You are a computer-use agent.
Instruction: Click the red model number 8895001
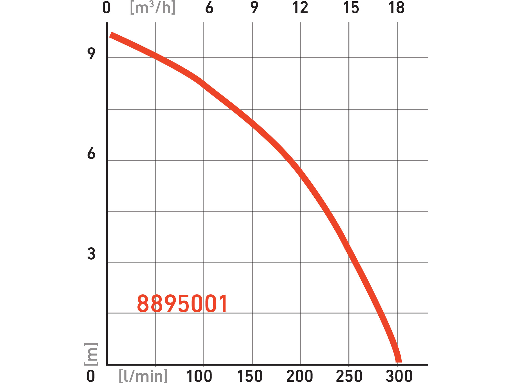point(182,304)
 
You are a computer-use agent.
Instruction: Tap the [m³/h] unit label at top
point(153,8)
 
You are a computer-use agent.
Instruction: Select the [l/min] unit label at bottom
point(143,376)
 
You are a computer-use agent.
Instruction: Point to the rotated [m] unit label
point(91,354)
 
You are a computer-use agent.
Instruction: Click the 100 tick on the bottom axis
point(199,376)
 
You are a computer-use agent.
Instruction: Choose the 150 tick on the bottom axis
point(250,376)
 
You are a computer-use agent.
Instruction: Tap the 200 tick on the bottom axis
point(300,376)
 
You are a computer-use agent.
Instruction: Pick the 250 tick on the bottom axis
point(349,376)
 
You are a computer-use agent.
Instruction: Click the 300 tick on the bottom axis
point(399,376)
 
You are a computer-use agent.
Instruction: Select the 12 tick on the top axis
point(300,8)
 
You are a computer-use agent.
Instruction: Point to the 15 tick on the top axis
point(351,8)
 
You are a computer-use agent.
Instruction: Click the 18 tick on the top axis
point(397,8)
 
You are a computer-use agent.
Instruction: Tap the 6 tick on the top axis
point(209,8)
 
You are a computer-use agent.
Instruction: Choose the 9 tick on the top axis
point(254,8)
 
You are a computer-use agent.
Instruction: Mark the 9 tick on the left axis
point(91,54)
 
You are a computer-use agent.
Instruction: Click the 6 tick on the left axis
point(91,153)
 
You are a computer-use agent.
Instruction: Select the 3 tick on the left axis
point(91,254)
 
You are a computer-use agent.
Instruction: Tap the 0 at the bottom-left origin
point(91,376)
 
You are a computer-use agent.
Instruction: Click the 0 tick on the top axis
point(106,8)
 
